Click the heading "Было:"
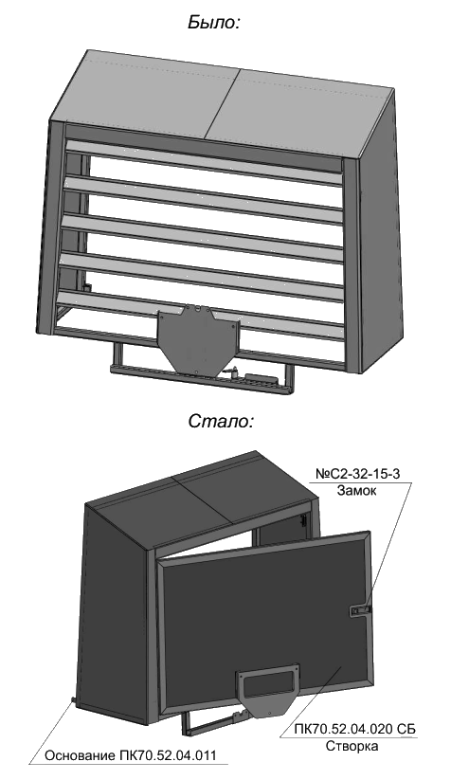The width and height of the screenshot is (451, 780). coord(214,23)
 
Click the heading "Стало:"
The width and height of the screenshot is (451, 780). coord(221,421)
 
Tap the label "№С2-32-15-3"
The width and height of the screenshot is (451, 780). coord(357,474)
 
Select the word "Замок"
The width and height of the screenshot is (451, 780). coord(357,490)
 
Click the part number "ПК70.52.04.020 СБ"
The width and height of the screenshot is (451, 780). coord(355,729)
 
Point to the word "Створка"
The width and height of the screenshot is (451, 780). coord(352,746)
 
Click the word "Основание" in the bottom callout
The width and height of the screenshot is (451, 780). coord(81,755)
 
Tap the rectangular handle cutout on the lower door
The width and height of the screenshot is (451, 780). coord(267,684)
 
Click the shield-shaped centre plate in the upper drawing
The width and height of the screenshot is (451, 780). coord(197,339)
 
